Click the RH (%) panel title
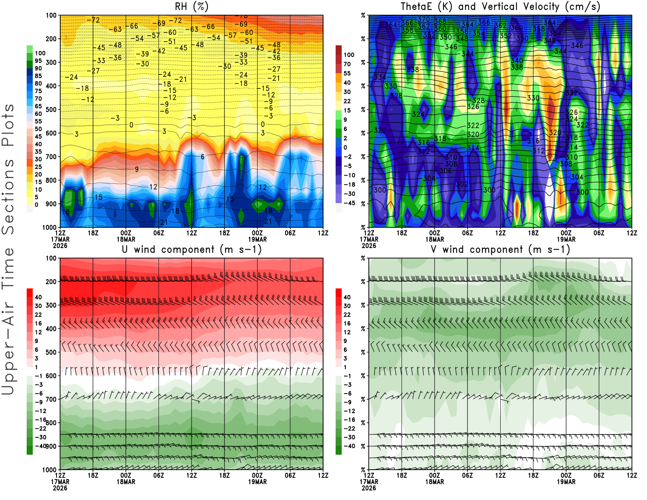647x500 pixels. point(191,6)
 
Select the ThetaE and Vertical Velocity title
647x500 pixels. point(500,6)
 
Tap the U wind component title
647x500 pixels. point(191,249)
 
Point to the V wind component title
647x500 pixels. point(500,249)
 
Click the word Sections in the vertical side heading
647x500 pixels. point(8,197)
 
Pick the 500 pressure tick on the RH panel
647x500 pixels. point(51,109)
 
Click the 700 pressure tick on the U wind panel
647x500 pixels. point(51,399)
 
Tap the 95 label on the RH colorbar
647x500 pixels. point(38,61)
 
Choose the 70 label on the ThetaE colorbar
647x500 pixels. point(347,64)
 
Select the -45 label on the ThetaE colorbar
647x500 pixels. point(349,203)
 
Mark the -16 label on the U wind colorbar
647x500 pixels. point(40,419)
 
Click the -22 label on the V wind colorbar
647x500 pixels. point(349,428)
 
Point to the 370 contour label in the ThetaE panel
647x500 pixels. point(424,19)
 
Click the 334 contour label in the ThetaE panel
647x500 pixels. point(380,77)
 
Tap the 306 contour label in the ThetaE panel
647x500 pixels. point(446,171)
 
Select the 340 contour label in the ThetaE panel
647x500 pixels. point(517,60)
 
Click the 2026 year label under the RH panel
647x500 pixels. point(60,246)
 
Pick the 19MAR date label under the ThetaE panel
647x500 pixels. point(566,239)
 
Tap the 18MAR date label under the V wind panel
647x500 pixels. point(434,482)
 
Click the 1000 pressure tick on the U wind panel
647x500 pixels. point(49,470)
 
